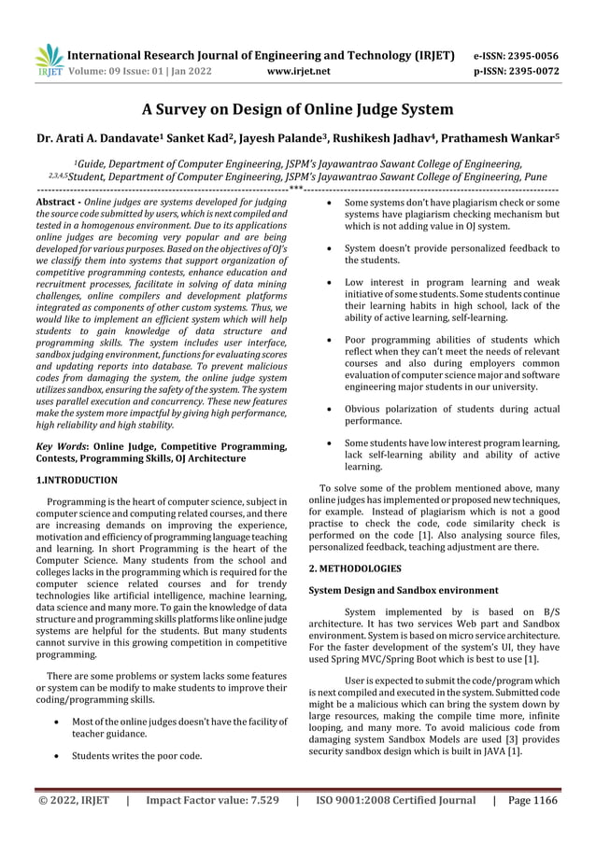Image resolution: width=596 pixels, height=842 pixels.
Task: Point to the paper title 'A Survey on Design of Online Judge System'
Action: coord(297,110)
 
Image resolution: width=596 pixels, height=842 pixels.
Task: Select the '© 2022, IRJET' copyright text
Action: coord(72,800)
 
